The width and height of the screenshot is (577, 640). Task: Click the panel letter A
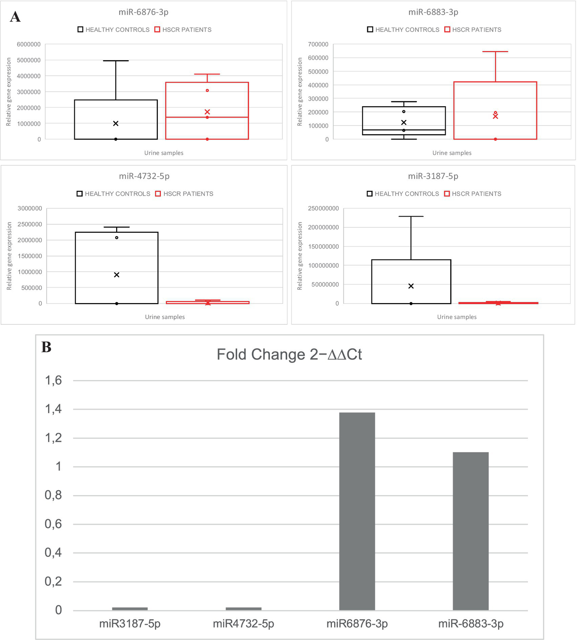point(15,17)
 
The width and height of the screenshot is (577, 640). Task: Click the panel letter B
point(46,347)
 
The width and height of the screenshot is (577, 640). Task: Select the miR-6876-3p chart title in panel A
point(143,12)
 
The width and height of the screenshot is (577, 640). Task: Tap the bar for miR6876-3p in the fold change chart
point(357,511)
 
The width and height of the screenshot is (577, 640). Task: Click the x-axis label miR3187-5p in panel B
point(130,624)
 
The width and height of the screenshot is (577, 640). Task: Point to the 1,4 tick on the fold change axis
point(54,409)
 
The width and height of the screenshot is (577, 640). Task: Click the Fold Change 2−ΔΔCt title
point(289,355)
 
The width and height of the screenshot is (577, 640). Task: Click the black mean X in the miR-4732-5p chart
point(117,275)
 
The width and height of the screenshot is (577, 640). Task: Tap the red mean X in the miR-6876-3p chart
point(207,112)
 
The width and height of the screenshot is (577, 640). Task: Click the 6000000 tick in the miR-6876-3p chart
point(29,44)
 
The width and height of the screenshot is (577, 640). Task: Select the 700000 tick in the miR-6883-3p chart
point(318,44)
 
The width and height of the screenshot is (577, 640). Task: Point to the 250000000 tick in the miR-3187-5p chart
point(323,208)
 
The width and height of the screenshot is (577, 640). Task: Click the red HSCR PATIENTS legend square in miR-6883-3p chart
point(447,30)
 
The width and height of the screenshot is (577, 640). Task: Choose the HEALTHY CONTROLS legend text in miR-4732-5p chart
point(117,194)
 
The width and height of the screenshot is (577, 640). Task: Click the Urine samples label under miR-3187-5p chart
point(457,317)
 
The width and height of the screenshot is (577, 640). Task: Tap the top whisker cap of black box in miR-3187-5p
point(411,217)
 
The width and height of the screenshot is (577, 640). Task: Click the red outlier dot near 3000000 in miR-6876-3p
point(207,91)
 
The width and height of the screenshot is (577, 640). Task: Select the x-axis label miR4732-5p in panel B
point(244,624)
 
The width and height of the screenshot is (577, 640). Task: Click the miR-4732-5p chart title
point(144,176)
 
